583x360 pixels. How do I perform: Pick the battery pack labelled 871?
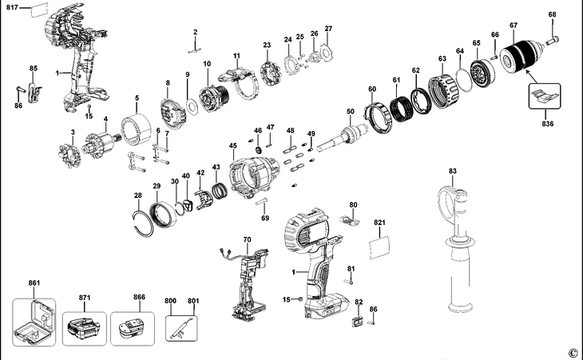pyautogui.click(x=82, y=326)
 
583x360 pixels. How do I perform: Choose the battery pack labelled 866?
pyautogui.click(x=129, y=326)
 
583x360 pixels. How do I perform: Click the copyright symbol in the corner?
pyautogui.click(x=572, y=352)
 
